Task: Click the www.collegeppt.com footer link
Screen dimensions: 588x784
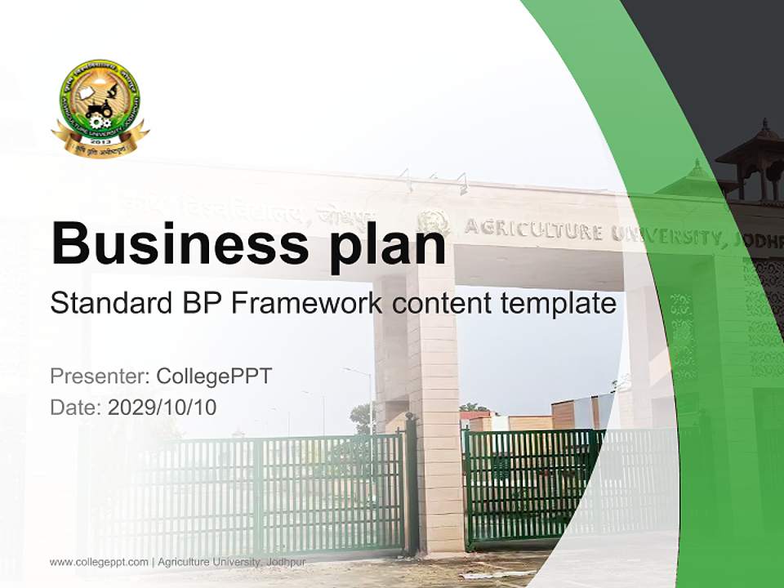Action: [x=99, y=562]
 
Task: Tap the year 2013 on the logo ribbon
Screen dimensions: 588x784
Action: [x=100, y=141]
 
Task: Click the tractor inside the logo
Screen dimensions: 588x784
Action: [x=99, y=110]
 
